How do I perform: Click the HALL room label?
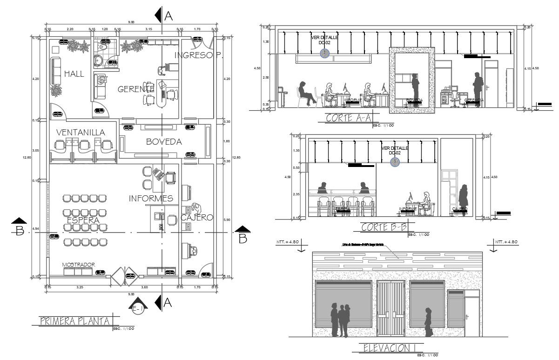pos(74,73)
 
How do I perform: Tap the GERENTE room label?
pos(136,89)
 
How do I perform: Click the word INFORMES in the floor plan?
pos(151,199)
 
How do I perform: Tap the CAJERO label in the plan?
pos(197,218)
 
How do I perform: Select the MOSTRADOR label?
pos(79,265)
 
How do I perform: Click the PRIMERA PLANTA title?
pos(75,321)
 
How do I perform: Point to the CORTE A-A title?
pos(346,118)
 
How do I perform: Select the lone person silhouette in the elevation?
pos(428,321)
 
